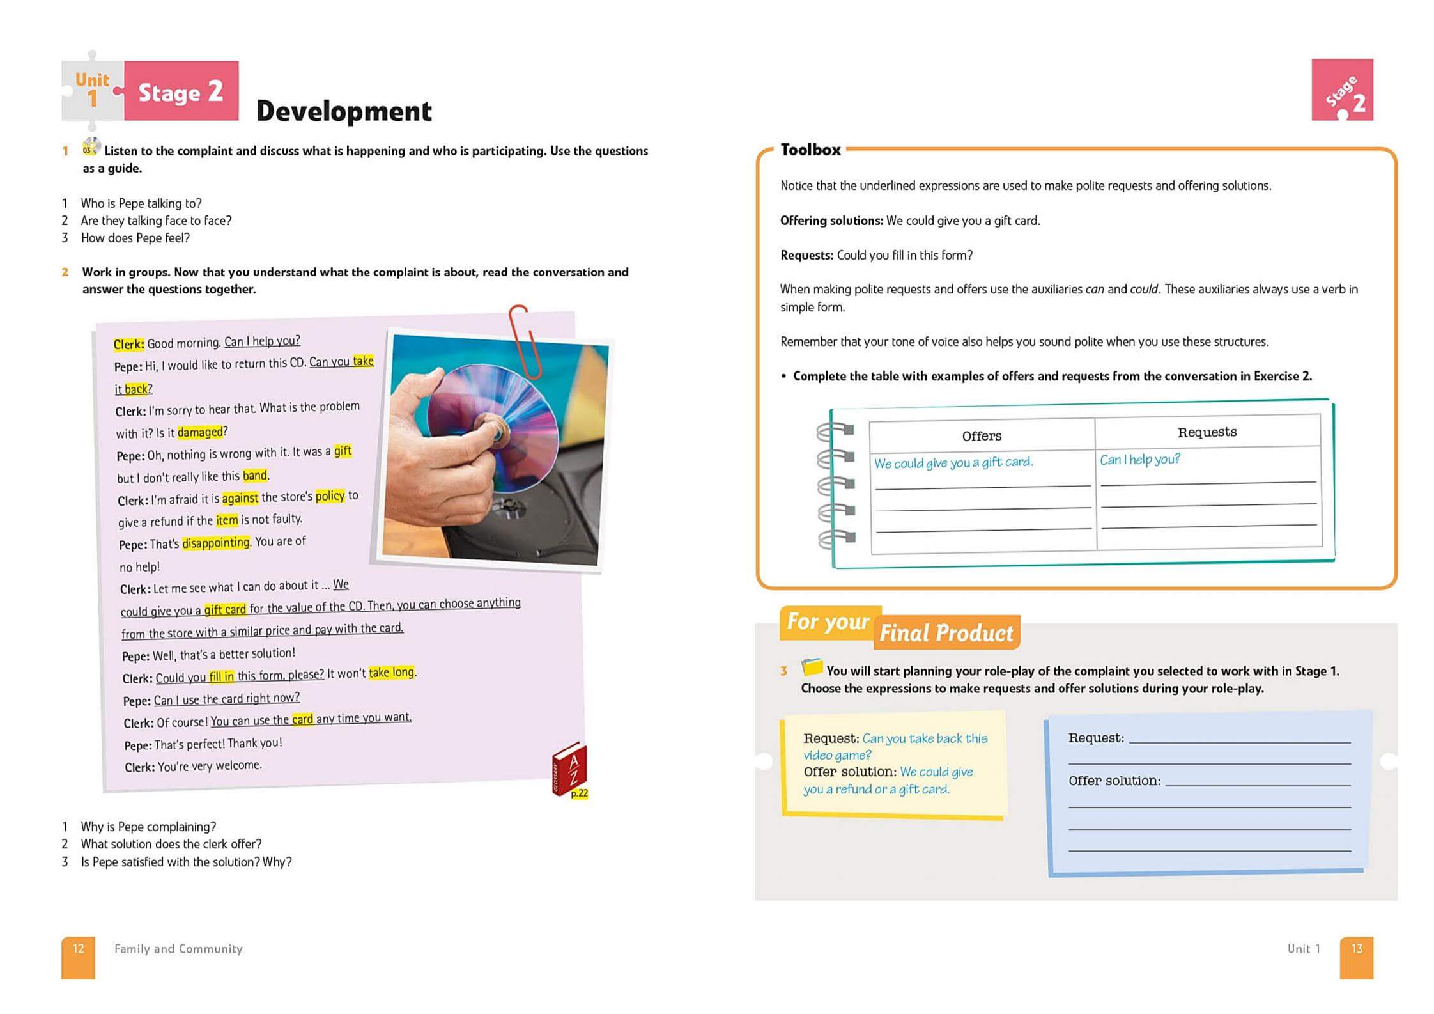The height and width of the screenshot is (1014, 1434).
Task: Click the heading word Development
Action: tap(344, 111)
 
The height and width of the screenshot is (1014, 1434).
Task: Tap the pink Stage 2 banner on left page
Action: tap(181, 91)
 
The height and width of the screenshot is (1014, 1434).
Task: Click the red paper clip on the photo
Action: tap(525, 340)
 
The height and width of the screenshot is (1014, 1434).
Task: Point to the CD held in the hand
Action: tap(492, 435)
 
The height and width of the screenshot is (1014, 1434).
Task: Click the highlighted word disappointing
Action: tap(216, 543)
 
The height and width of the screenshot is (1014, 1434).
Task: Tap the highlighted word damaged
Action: tap(200, 432)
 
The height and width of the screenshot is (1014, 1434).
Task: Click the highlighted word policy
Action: tap(330, 496)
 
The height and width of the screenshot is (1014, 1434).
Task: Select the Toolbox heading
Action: tap(810, 150)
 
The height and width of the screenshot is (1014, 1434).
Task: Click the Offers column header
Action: tap(982, 436)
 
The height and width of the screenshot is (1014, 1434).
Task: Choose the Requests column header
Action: tap(1207, 432)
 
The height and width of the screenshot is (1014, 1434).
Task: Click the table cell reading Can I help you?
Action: tap(1139, 460)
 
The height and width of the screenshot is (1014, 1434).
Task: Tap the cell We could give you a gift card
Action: tap(953, 462)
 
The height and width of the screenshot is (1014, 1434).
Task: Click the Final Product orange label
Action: tap(946, 633)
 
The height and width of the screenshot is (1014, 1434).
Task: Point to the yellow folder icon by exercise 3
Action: tap(812, 666)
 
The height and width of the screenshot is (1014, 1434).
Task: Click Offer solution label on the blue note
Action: tap(1114, 781)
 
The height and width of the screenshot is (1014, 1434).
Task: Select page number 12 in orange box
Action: tap(78, 949)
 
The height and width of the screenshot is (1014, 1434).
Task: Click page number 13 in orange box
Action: tap(1356, 949)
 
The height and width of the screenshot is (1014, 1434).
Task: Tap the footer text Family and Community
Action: tap(178, 949)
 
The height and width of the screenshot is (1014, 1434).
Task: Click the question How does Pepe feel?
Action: tap(135, 238)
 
